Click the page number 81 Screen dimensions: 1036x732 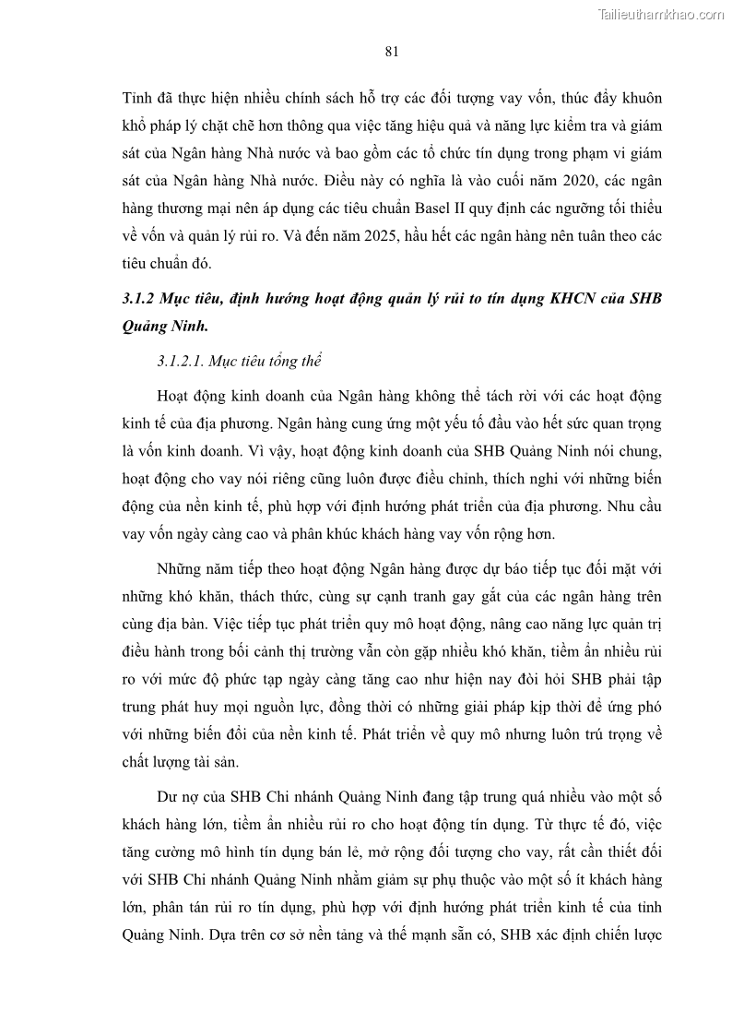tap(391, 52)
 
